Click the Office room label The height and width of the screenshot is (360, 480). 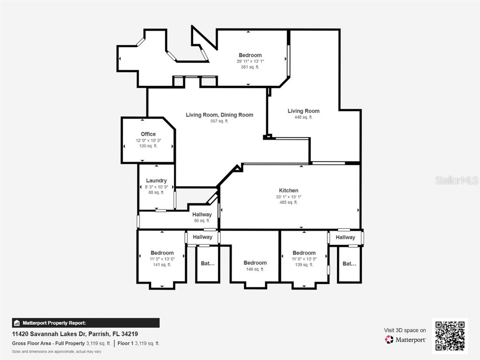(148, 134)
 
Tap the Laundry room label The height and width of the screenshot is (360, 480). (156, 180)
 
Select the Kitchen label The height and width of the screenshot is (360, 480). (288, 190)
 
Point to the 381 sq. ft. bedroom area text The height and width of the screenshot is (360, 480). (250, 67)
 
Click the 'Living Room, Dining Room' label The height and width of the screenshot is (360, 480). (219, 115)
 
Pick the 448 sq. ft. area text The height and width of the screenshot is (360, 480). (303, 117)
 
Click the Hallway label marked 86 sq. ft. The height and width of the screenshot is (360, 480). (202, 215)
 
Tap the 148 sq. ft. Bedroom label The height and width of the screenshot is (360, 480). (255, 263)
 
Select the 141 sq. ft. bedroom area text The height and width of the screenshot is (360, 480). (162, 265)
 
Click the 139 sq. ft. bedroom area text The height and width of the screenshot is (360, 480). (304, 265)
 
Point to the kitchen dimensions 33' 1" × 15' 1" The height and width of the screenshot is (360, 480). (288, 197)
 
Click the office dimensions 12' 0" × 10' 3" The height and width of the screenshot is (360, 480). (148, 140)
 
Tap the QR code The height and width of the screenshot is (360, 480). (450, 336)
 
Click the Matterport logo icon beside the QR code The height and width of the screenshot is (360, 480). (389, 339)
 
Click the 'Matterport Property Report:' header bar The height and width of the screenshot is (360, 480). (86, 323)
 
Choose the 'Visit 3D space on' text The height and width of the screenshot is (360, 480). (405, 330)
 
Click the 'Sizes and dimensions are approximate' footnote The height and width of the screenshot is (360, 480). (56, 351)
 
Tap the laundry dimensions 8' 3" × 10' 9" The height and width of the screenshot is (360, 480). (156, 187)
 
